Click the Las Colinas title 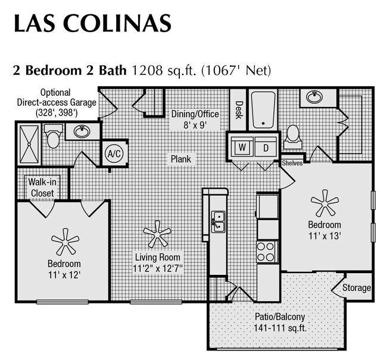[92, 24]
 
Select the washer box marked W [242, 147]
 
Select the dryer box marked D [266, 147]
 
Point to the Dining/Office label [195, 114]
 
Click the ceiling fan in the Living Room [157, 234]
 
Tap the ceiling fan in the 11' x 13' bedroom [325, 203]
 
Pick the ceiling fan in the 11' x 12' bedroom [65, 240]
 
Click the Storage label [357, 288]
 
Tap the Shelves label [292, 162]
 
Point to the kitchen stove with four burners [266, 251]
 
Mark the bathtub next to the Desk [261, 109]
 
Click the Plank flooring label [181, 159]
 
